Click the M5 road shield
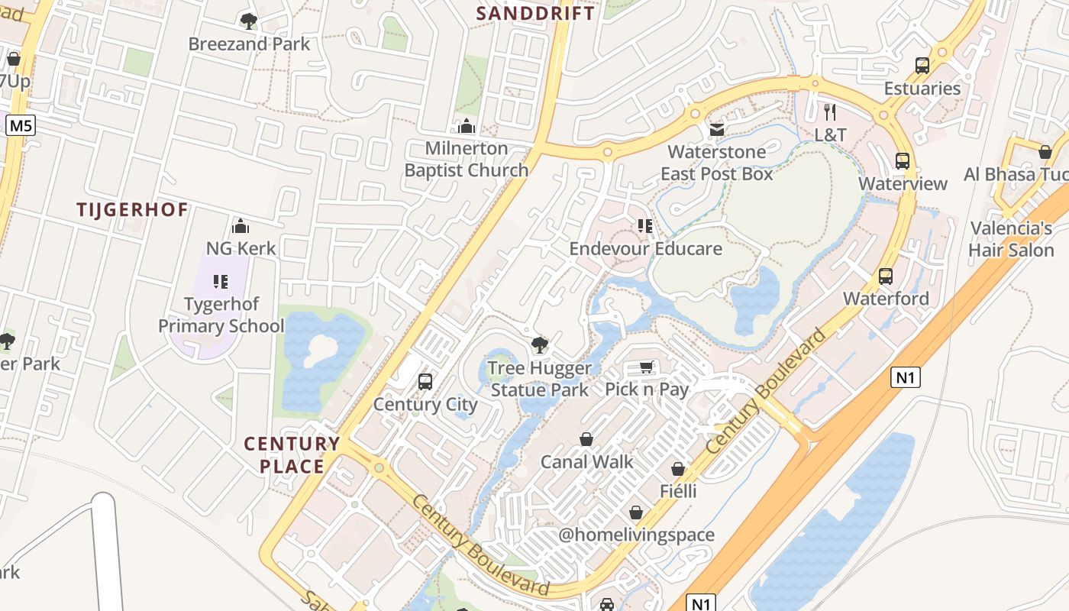click(x=21, y=125)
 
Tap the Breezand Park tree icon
click(x=248, y=21)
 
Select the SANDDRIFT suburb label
click(x=535, y=13)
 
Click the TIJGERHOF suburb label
click(x=132, y=210)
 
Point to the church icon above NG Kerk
click(x=241, y=226)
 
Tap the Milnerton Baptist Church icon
click(x=466, y=126)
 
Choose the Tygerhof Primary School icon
click(x=221, y=282)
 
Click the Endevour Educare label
click(x=645, y=248)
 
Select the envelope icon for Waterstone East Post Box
click(x=716, y=130)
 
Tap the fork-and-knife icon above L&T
click(x=831, y=112)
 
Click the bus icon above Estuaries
click(x=922, y=66)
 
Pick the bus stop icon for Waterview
click(x=903, y=161)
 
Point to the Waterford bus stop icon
click(x=886, y=276)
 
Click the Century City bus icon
click(x=425, y=382)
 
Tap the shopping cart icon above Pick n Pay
click(x=646, y=367)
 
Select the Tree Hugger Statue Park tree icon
click(x=540, y=345)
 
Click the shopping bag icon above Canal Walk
click(x=586, y=439)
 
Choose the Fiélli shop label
click(x=678, y=490)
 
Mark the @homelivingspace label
click(x=636, y=535)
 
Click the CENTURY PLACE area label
click(x=292, y=454)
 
